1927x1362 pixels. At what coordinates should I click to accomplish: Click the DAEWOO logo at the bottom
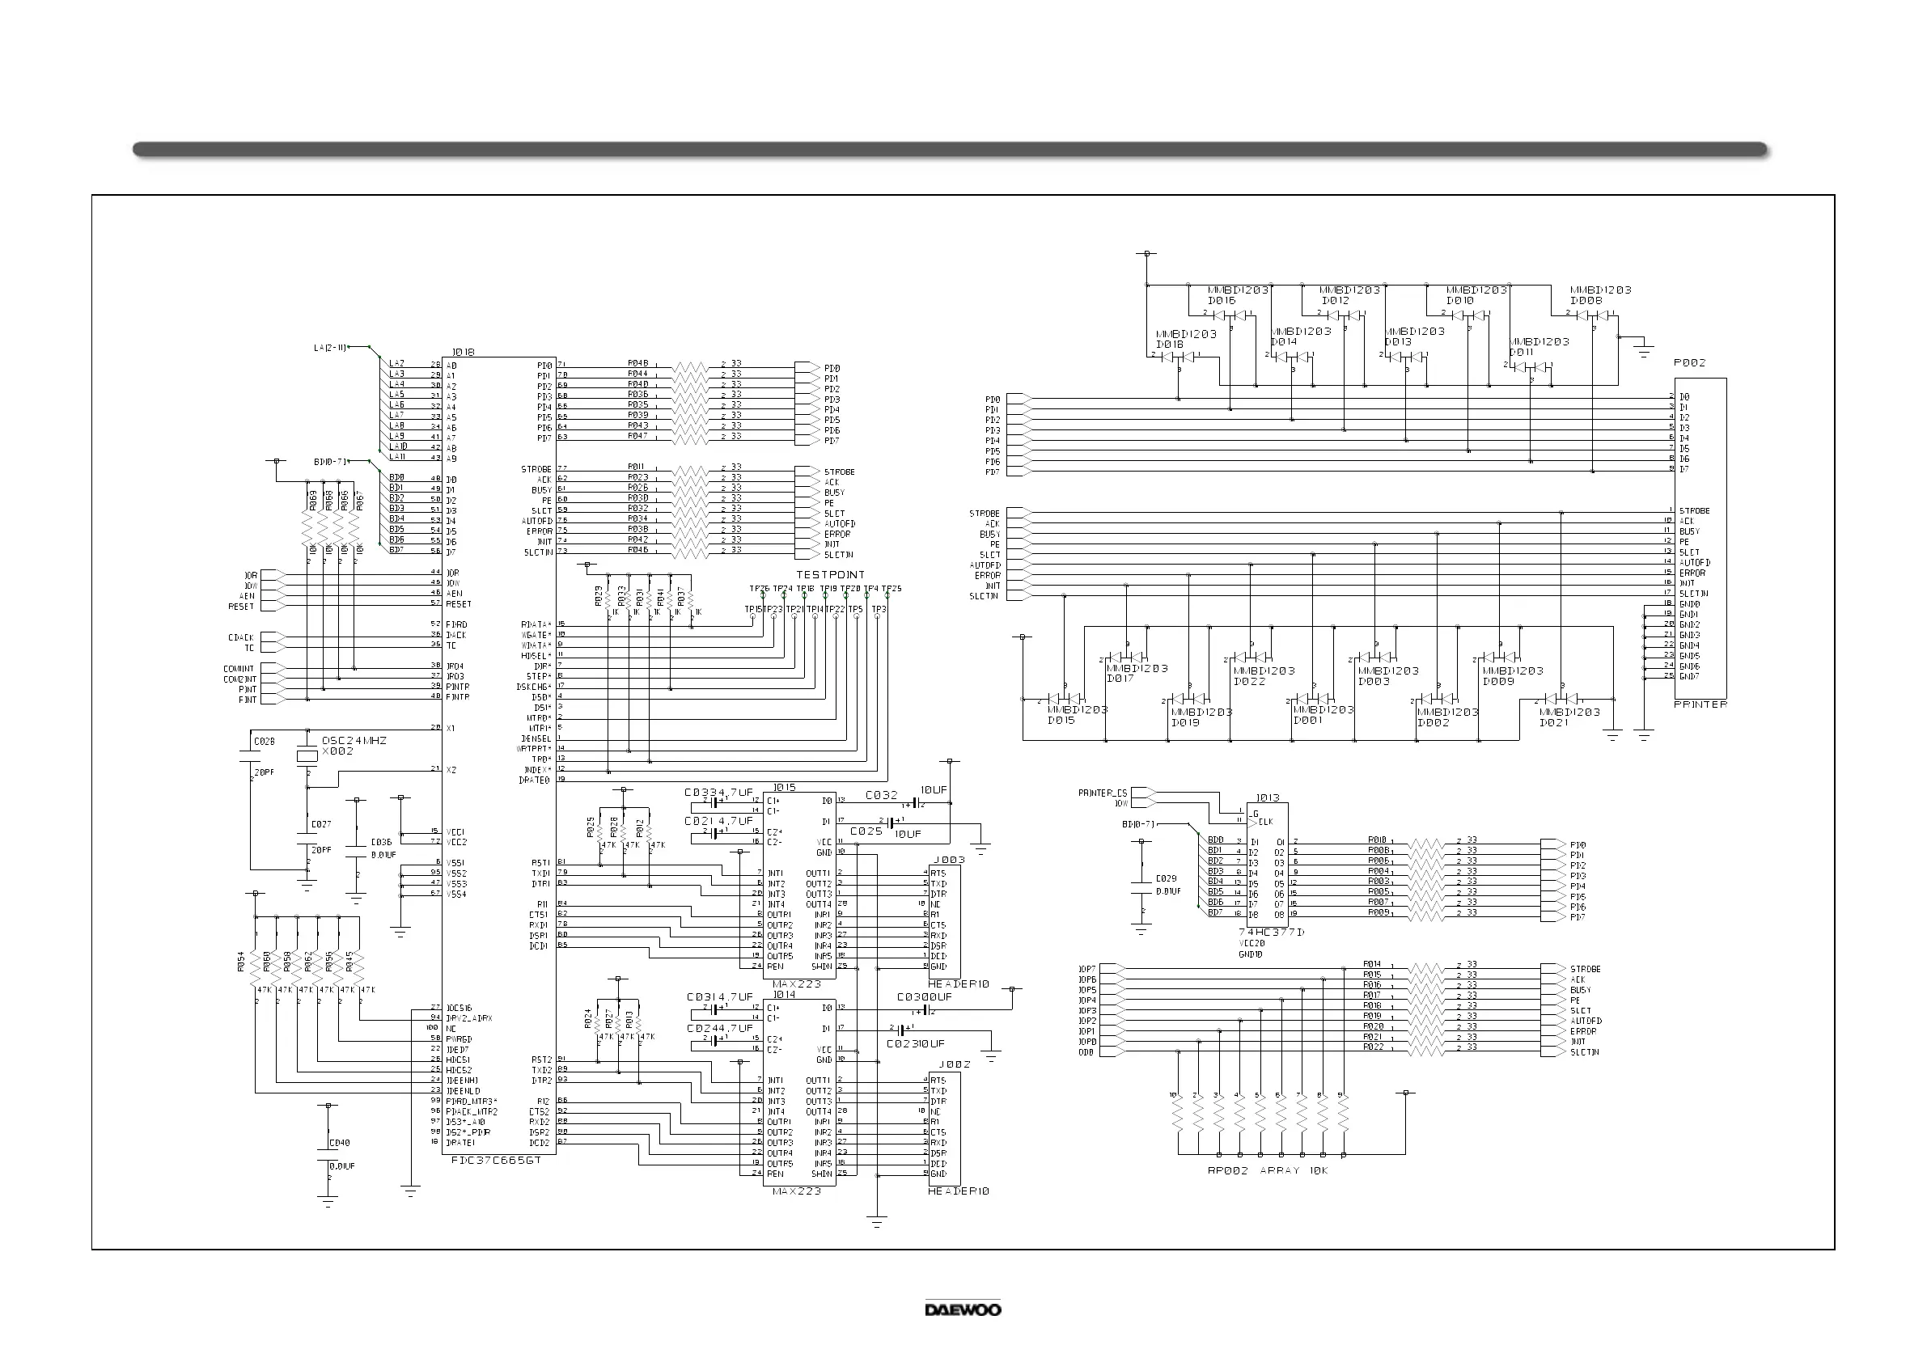pyautogui.click(x=963, y=1309)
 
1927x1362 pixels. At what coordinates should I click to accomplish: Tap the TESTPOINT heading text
pyautogui.click(x=830, y=575)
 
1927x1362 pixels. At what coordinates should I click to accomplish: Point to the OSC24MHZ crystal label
pyautogui.click(x=354, y=741)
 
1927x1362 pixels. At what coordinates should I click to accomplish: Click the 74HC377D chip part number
pyautogui.click(x=1272, y=933)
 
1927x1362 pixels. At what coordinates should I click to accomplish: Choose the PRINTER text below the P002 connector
pyautogui.click(x=1700, y=704)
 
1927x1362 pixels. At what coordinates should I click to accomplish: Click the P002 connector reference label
pyautogui.click(x=1689, y=362)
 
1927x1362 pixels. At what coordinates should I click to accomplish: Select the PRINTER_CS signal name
pyautogui.click(x=1103, y=793)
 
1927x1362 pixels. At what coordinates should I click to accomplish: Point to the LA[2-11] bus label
pyautogui.click(x=330, y=348)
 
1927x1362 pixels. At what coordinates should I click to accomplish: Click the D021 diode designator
pyautogui.click(x=1553, y=722)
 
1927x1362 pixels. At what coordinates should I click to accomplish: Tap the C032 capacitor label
pyautogui.click(x=881, y=795)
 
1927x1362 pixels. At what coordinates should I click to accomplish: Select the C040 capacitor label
pyautogui.click(x=340, y=1143)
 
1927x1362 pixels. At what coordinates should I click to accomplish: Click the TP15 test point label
pyautogui.click(x=753, y=609)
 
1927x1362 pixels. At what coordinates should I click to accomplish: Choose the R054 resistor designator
pyautogui.click(x=242, y=962)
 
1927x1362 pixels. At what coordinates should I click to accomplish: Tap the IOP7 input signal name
pyautogui.click(x=1087, y=969)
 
